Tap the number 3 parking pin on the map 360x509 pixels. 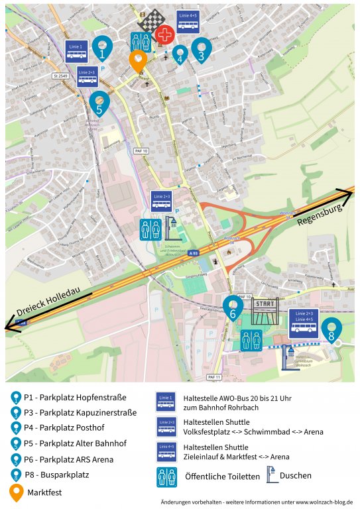[201, 49]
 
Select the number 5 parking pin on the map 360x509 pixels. [99, 103]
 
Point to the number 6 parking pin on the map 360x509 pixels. [232, 307]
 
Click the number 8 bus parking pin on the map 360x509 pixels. [331, 329]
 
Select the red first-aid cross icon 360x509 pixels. [165, 34]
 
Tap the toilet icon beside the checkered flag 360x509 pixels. [140, 41]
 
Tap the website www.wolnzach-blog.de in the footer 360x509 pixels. [325, 502]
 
